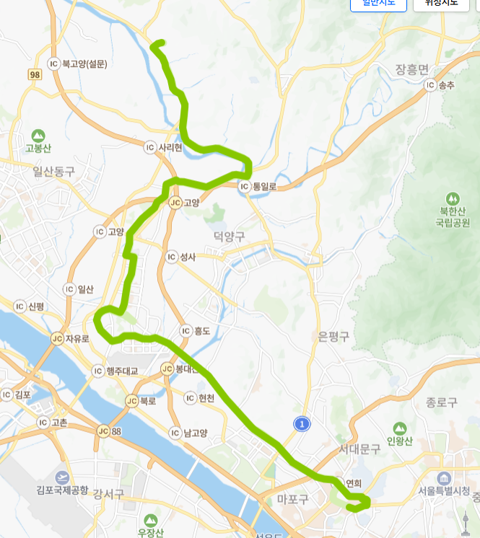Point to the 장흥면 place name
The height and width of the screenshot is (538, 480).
[412, 69]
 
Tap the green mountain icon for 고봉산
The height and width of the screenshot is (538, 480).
[38, 135]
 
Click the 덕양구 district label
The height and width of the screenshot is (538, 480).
[230, 236]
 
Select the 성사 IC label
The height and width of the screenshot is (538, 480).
[181, 257]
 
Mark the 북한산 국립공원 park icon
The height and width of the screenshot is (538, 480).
[453, 198]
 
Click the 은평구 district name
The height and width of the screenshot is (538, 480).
[333, 336]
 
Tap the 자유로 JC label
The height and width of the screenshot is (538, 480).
[70, 338]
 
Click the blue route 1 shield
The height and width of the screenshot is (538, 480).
[302, 424]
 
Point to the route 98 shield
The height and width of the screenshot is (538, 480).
[35, 74]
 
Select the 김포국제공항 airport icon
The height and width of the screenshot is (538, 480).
[62, 477]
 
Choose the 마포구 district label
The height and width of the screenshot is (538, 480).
[292, 499]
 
